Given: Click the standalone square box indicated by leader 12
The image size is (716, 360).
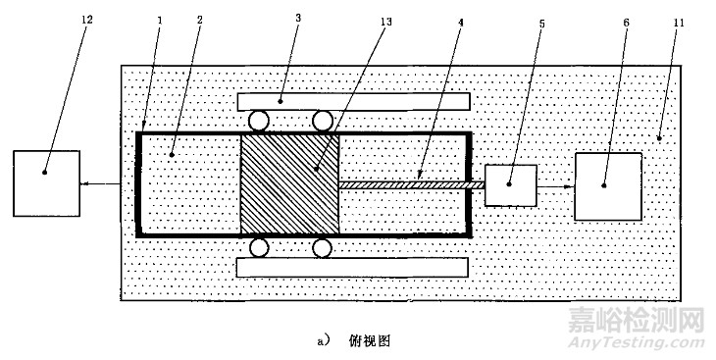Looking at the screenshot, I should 45,183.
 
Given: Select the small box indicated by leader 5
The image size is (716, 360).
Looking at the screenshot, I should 511,185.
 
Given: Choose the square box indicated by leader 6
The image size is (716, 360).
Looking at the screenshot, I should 608,185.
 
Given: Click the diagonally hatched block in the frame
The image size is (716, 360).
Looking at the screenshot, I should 289,183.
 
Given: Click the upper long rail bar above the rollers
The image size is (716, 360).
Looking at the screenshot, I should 354,100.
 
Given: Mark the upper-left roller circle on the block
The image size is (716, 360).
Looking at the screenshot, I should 260,122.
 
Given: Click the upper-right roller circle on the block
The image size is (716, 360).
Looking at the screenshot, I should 322,122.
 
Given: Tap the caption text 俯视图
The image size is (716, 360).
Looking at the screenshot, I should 370,341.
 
